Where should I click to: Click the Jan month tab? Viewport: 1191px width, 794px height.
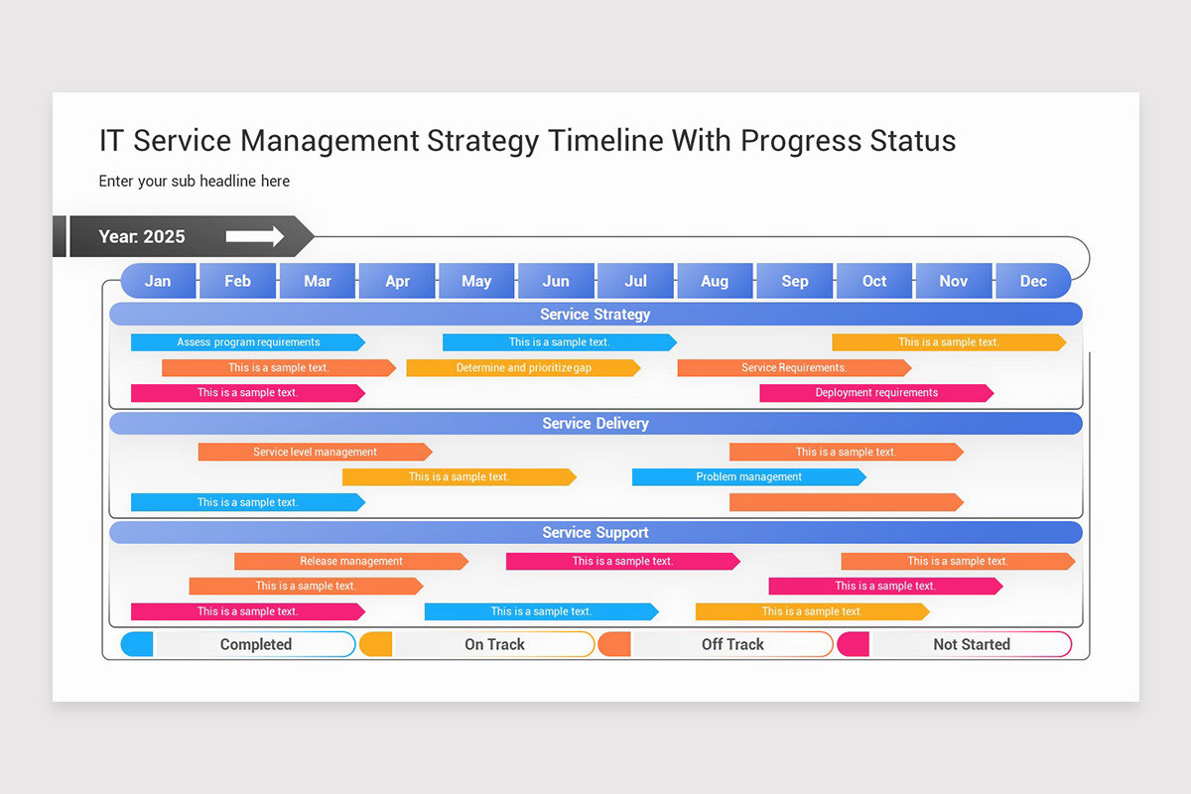158,281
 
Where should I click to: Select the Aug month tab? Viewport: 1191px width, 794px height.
715,281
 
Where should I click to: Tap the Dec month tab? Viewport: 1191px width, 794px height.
1033,281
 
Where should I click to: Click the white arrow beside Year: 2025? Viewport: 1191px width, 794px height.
255,236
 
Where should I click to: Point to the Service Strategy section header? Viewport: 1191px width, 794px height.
595,315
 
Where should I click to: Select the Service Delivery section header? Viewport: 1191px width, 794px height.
595,424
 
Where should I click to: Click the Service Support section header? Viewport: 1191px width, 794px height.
595,533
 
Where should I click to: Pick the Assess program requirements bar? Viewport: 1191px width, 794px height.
248,342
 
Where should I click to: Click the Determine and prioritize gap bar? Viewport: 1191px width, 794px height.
523,368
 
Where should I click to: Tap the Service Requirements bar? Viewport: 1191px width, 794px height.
794,368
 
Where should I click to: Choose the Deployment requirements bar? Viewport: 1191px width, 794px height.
876,393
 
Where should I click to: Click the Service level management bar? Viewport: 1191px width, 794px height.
315,453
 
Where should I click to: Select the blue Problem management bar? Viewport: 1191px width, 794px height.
748,477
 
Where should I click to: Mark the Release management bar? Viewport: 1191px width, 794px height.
351,562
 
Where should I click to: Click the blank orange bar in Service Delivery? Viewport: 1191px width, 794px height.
846,502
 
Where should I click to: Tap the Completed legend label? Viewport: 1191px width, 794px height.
256,644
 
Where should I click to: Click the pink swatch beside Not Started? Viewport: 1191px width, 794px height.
854,644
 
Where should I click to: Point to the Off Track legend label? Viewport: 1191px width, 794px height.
732,644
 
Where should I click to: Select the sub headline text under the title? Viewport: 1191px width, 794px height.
195,181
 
